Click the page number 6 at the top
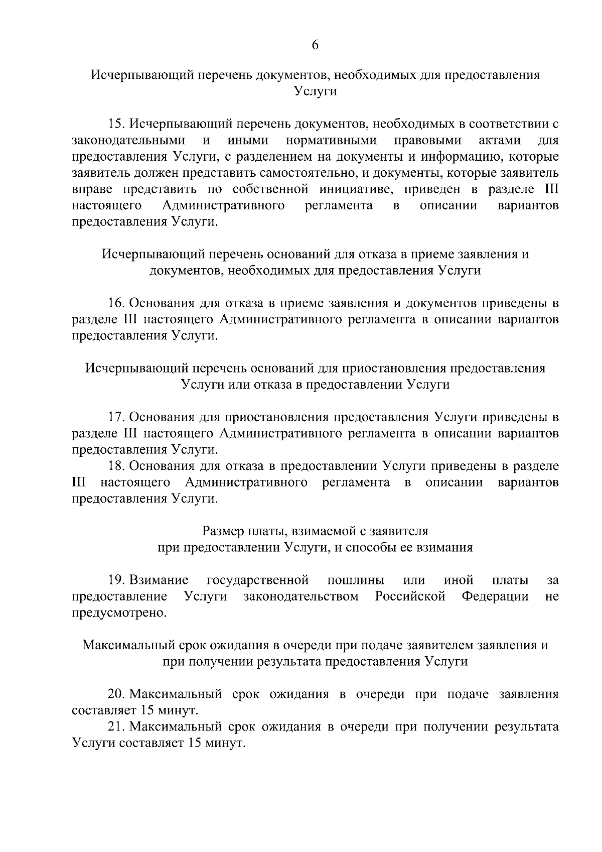tap(315, 45)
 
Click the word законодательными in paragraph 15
tap(128, 140)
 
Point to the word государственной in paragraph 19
tap(257, 580)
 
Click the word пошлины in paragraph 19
tap(356, 580)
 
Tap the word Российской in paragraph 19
tap(410, 597)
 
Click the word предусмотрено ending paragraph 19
tap(119, 613)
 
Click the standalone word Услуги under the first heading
tap(315, 91)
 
